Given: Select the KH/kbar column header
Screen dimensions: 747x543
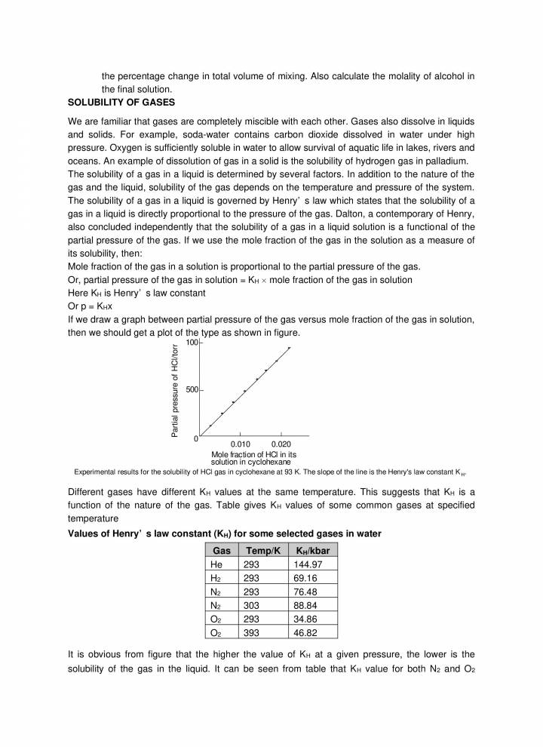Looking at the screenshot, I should click(311, 550).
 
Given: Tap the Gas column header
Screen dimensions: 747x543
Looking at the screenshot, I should click(221, 550).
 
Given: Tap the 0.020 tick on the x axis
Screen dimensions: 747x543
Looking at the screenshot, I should click(281, 446).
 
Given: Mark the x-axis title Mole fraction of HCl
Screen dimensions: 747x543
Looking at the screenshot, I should click(253, 455).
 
